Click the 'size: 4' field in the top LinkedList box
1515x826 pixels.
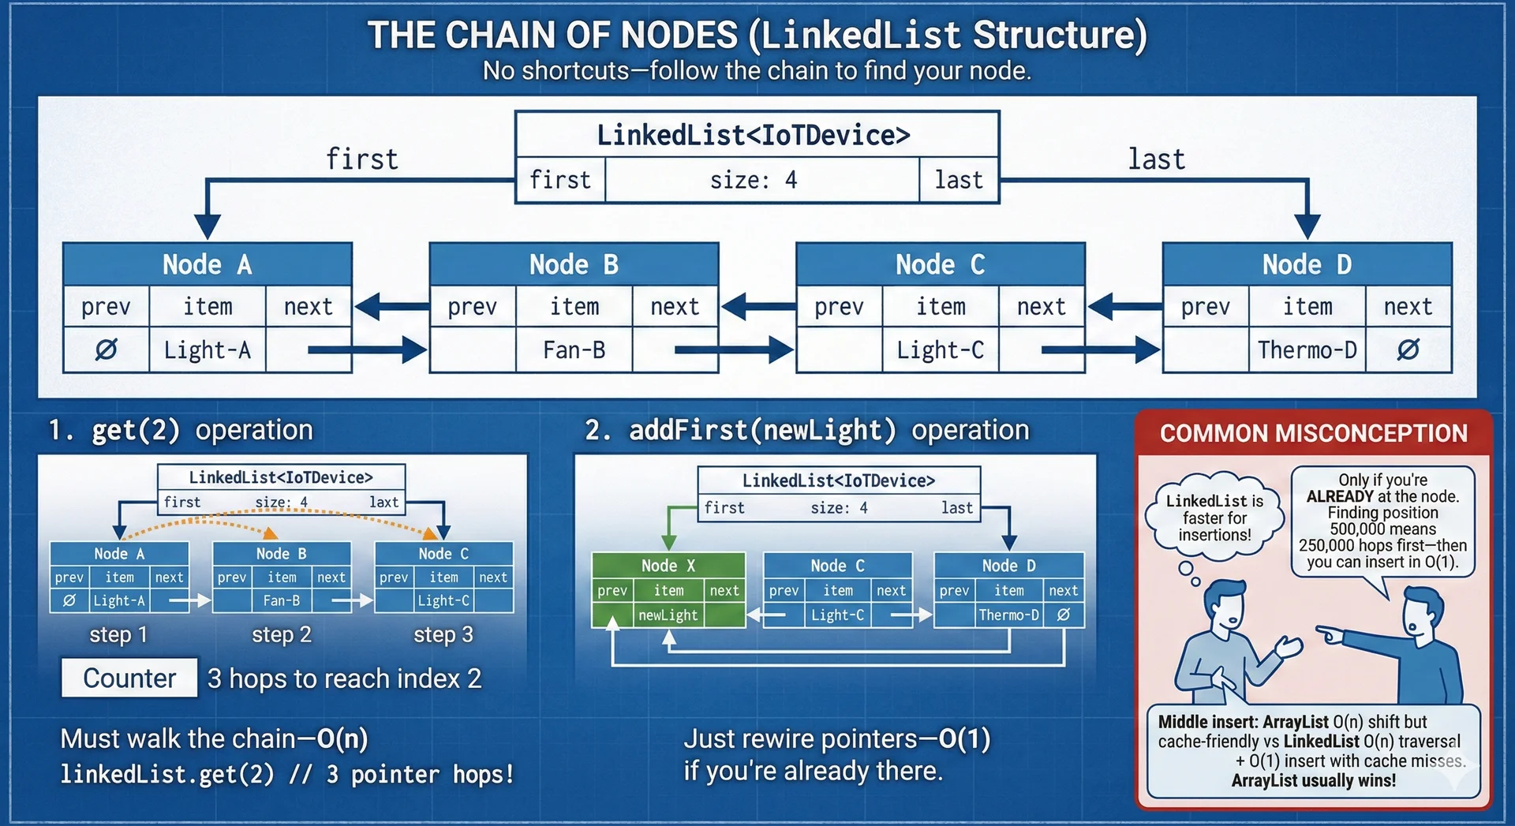click(x=754, y=181)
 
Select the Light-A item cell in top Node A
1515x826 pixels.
click(x=207, y=349)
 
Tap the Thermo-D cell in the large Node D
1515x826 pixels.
click(x=1307, y=349)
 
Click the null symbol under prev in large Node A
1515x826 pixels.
click(x=106, y=349)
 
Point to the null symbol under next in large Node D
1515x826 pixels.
click(x=1408, y=349)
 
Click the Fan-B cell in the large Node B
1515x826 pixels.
click(x=574, y=349)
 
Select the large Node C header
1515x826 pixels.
click(x=940, y=264)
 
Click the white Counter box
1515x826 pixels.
click(x=129, y=678)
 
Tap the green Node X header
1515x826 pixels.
click(x=668, y=566)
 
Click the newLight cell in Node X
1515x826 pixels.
click(x=668, y=615)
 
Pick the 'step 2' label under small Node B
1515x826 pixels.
click(x=282, y=634)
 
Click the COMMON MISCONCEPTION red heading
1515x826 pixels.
click(x=1313, y=433)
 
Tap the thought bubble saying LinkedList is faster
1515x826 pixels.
click(x=1214, y=518)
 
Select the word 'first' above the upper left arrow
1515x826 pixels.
click(x=362, y=159)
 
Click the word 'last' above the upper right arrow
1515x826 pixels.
click(x=1156, y=159)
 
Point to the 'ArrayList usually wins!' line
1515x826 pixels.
click(x=1313, y=780)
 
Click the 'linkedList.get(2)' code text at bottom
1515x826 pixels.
click(x=167, y=775)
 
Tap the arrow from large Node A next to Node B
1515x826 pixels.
click(x=367, y=349)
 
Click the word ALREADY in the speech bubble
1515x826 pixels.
click(x=1340, y=496)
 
